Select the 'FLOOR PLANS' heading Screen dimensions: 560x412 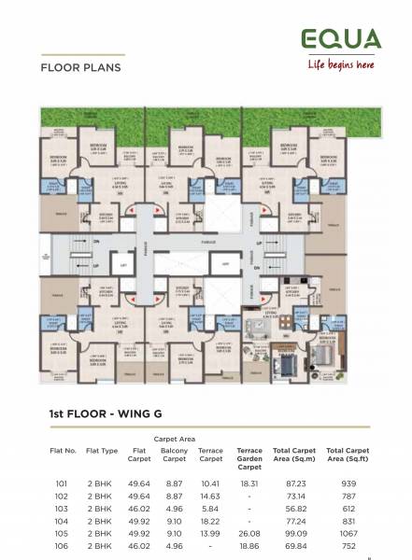coord(80,68)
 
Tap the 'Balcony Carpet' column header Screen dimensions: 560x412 coord(175,455)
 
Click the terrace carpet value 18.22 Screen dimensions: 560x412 coord(210,520)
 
